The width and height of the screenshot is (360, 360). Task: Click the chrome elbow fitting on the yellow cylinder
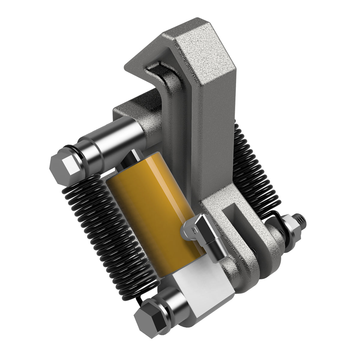click(204, 234)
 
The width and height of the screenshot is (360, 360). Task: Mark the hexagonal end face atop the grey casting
click(207, 51)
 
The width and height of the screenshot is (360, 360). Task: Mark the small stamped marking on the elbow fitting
click(195, 231)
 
